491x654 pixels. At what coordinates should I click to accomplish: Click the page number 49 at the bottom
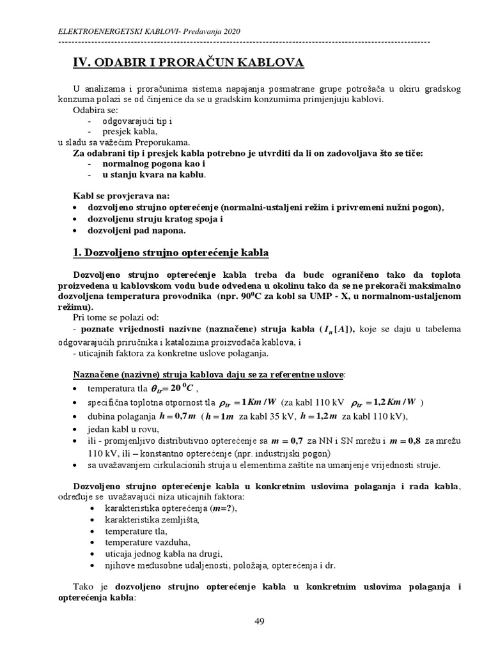(259, 622)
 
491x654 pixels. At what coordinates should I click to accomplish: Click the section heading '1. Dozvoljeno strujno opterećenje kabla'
(171, 252)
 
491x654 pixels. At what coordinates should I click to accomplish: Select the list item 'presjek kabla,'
(130, 132)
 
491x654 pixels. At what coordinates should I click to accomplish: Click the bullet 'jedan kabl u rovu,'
(123, 429)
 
